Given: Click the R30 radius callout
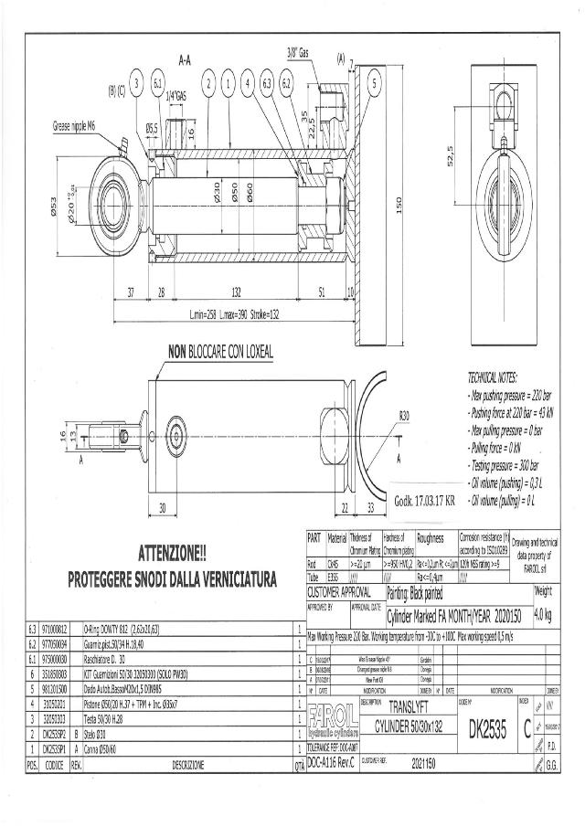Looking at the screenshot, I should coord(403,418).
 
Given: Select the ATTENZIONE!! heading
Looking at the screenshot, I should coord(173,554).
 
